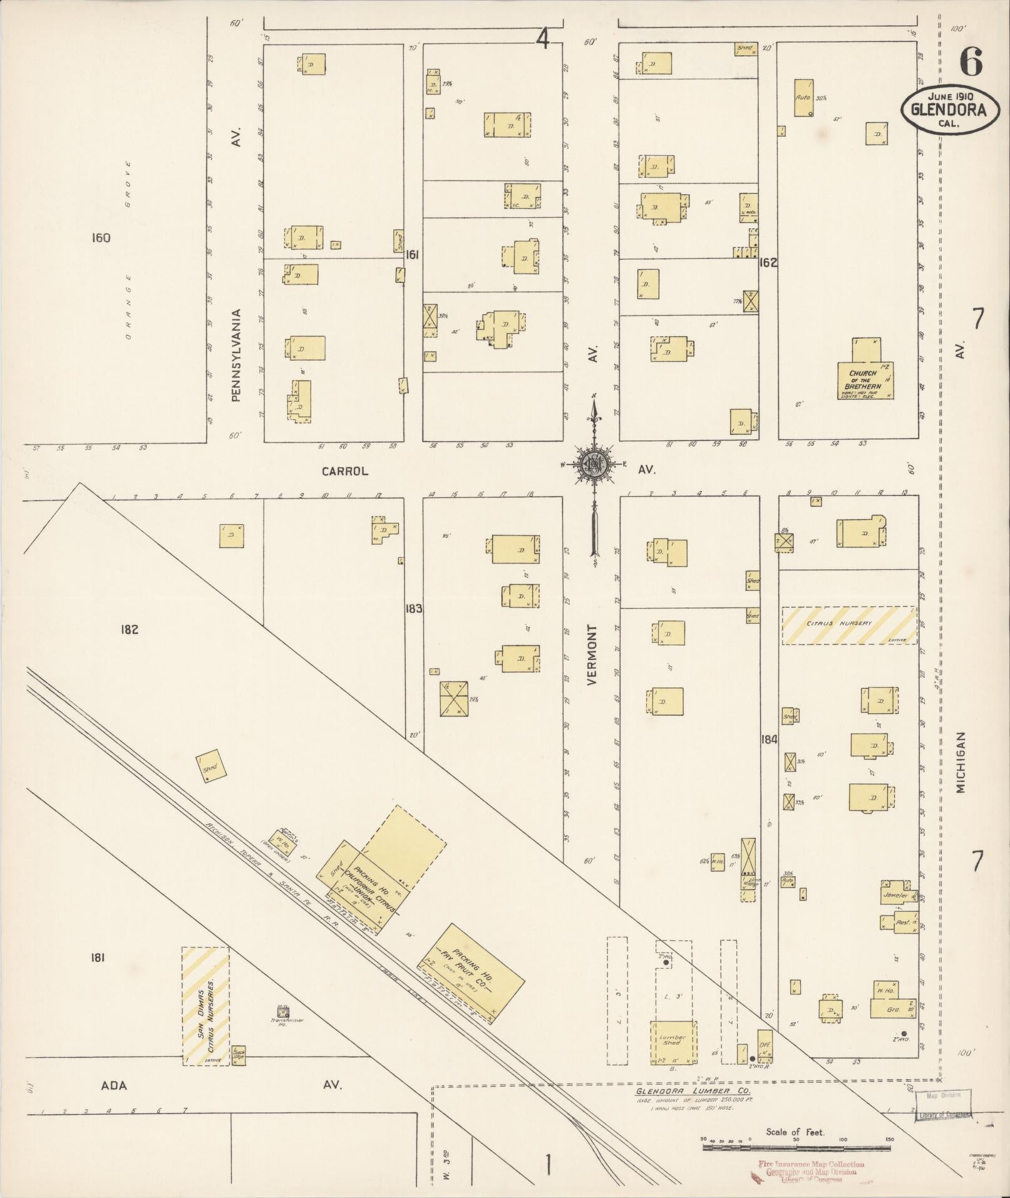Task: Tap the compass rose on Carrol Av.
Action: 591,465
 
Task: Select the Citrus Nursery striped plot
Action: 848,624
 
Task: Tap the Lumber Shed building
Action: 673,1041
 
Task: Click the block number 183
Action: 413,608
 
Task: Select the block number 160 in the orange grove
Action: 100,237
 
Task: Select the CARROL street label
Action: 345,471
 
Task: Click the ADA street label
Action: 114,1085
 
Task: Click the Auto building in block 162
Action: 803,98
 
